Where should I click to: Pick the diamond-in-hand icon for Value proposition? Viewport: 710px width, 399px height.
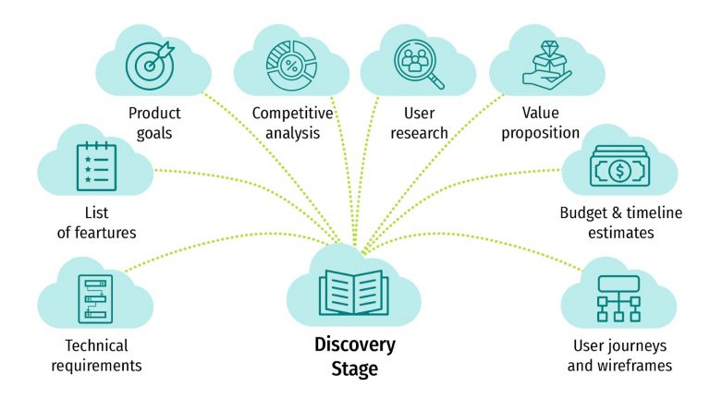[x=543, y=62]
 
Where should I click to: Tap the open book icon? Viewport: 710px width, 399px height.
[x=354, y=290]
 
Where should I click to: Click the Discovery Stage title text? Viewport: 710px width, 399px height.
[x=355, y=357]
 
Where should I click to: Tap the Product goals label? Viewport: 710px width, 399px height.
[x=155, y=123]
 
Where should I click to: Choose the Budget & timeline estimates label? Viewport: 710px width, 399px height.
[x=620, y=223]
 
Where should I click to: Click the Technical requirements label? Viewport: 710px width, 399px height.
[x=96, y=356]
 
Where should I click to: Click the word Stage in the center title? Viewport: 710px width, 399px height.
[x=355, y=369]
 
